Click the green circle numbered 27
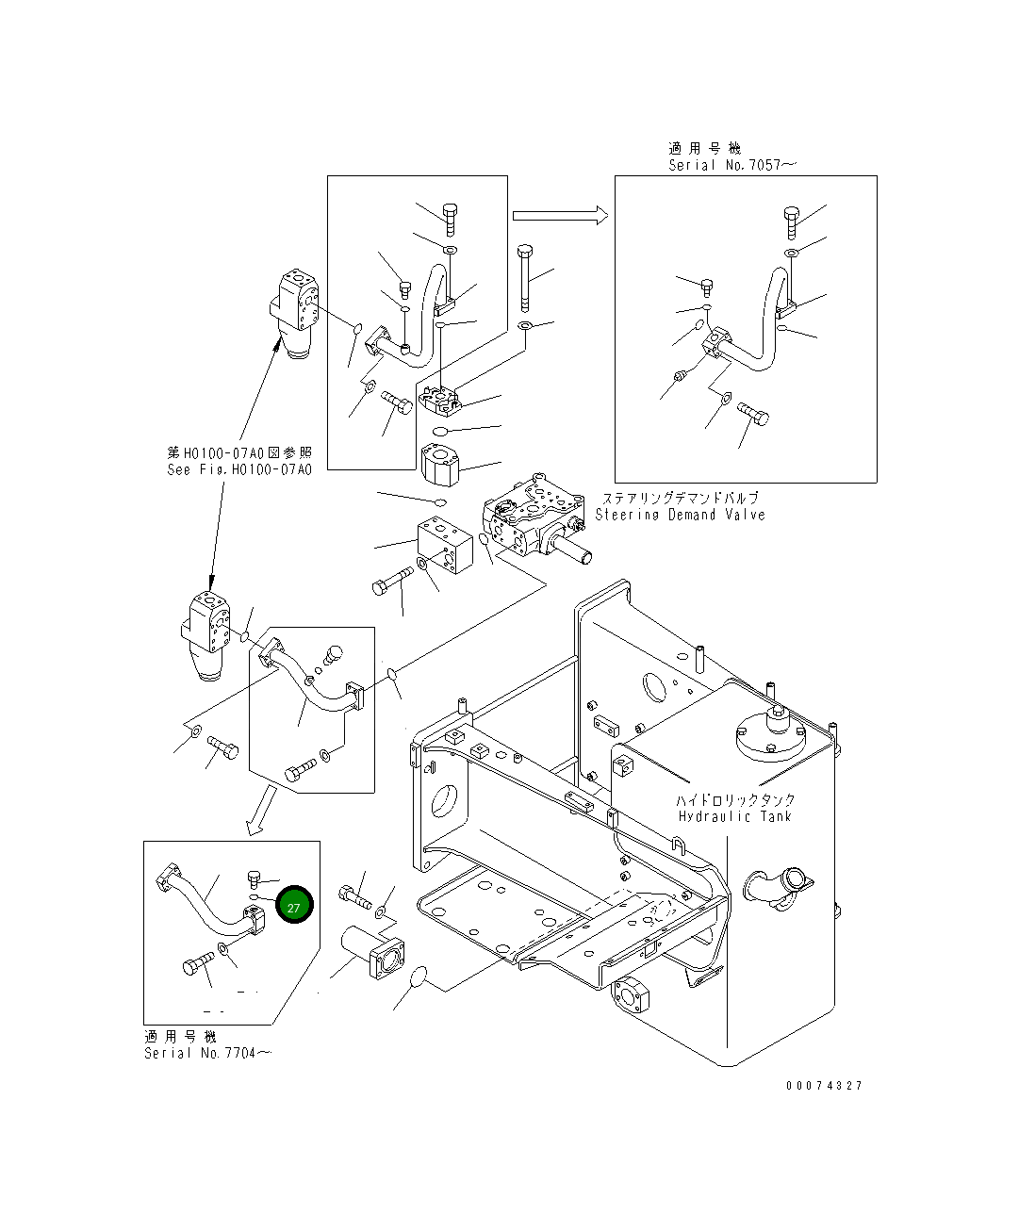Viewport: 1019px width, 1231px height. (294, 907)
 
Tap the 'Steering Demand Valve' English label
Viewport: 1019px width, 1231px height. (680, 515)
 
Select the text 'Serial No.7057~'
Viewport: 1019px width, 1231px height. (731, 165)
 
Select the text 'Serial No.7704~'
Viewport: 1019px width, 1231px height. (206, 1053)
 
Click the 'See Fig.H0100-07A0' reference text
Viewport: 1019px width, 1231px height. (238, 469)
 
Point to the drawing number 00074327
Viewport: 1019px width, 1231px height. (824, 1086)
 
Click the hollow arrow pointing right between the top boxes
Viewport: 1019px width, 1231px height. (559, 216)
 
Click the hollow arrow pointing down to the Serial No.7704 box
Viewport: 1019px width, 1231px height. (261, 812)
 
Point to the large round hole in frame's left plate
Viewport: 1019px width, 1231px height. (443, 801)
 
